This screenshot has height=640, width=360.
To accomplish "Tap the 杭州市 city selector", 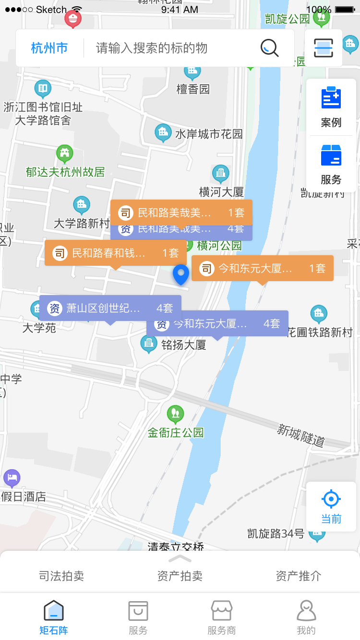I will (49, 48).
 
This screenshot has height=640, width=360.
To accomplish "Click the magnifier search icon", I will (269, 48).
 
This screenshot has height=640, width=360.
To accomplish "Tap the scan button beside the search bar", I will (324, 48).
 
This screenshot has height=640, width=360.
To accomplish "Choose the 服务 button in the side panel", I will (331, 165).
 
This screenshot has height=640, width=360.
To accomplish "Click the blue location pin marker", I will (181, 274).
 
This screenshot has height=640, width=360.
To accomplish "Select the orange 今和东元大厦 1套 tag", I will (262, 268).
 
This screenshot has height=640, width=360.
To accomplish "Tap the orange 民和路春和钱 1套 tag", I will (115, 252).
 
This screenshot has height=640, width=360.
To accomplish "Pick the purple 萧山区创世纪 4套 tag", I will (110, 308).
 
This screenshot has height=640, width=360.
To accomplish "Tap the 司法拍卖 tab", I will (61, 576).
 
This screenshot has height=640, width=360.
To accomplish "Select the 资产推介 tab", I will (299, 576).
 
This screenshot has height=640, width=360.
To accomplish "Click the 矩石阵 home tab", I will (54, 617).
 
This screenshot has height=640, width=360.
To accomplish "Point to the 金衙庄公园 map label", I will (176, 432).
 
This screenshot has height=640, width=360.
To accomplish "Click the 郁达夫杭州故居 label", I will (65, 172).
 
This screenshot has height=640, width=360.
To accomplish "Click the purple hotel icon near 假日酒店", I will (12, 478).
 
